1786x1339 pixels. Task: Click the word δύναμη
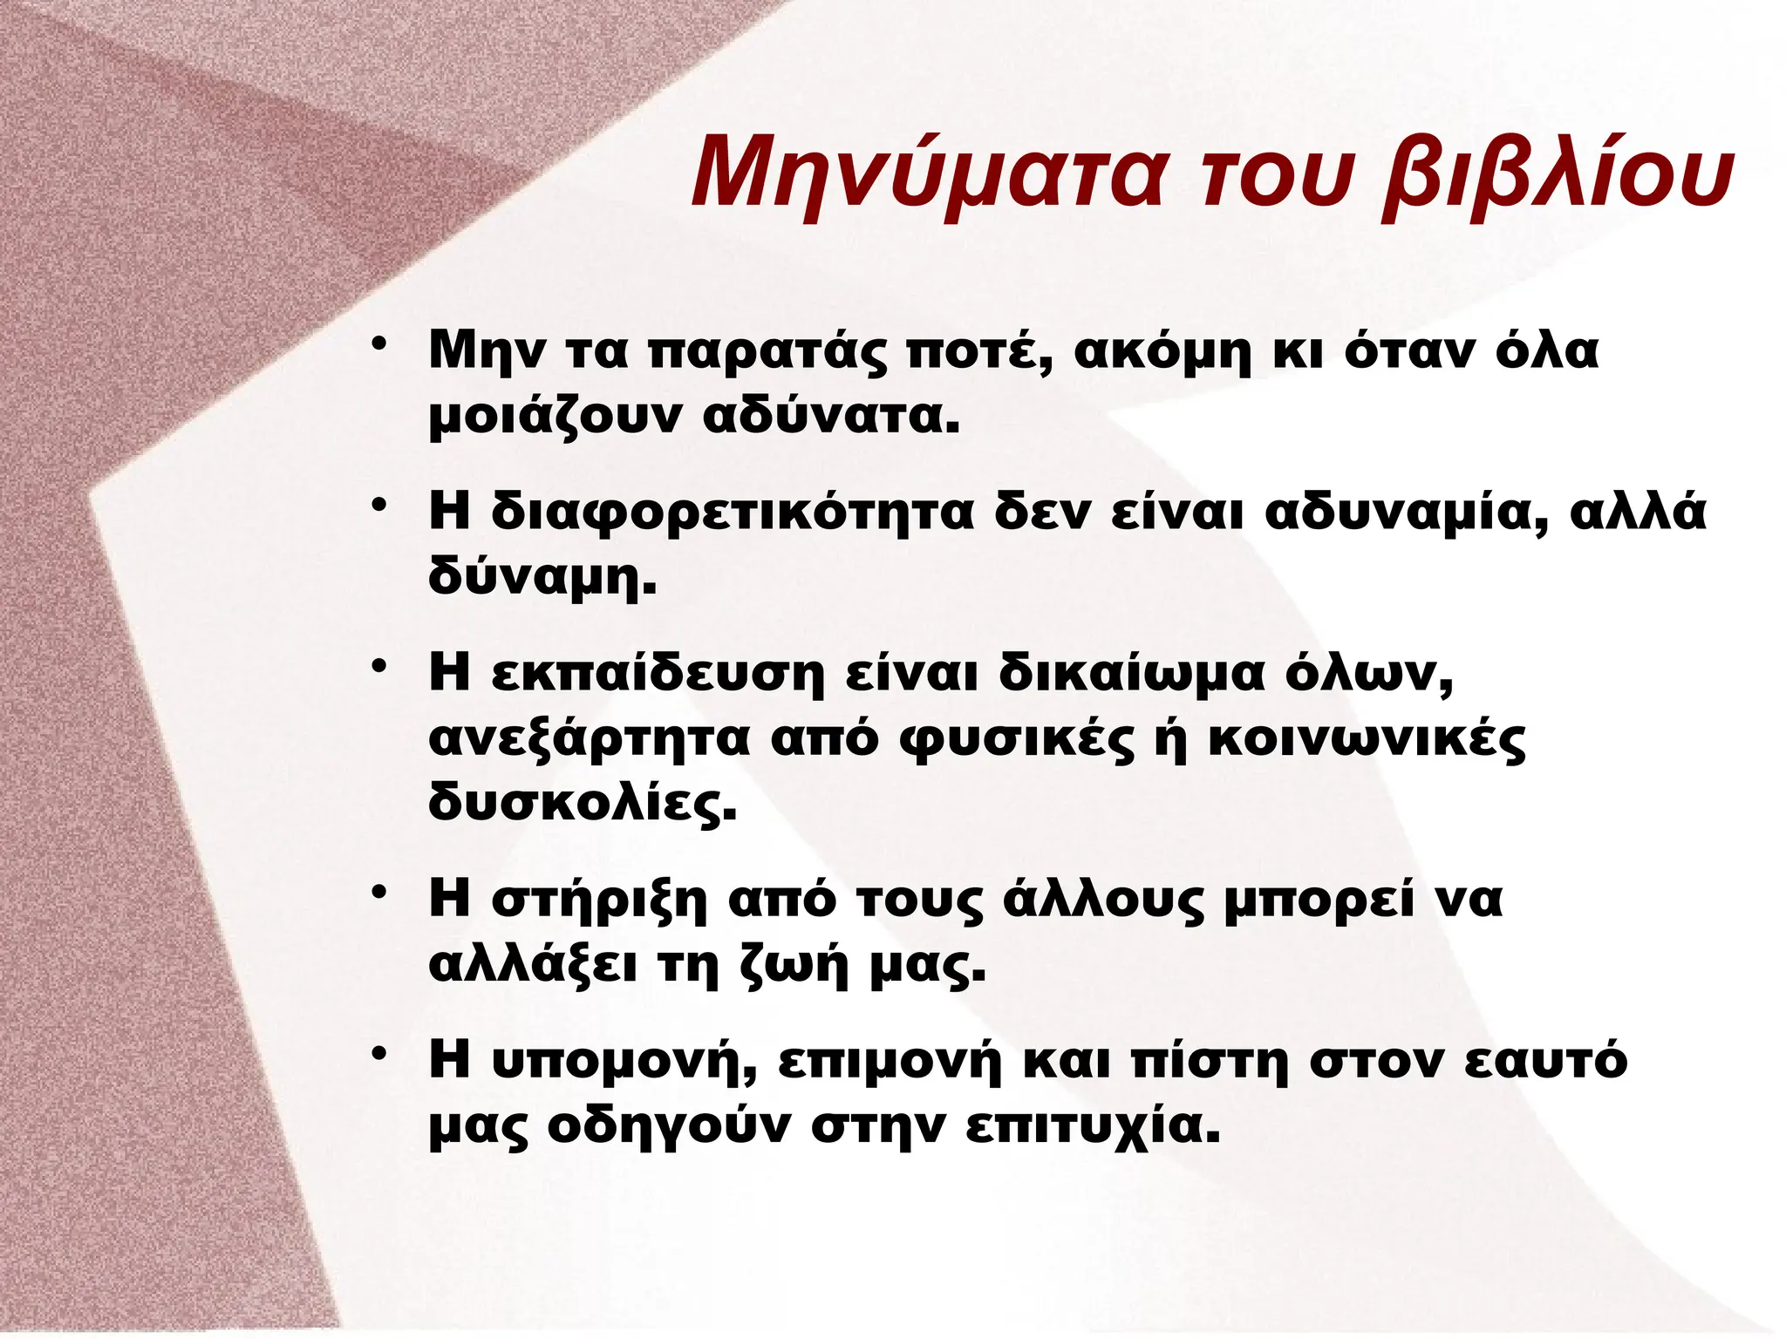pos(541,577)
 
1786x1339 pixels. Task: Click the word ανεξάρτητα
pos(590,739)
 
